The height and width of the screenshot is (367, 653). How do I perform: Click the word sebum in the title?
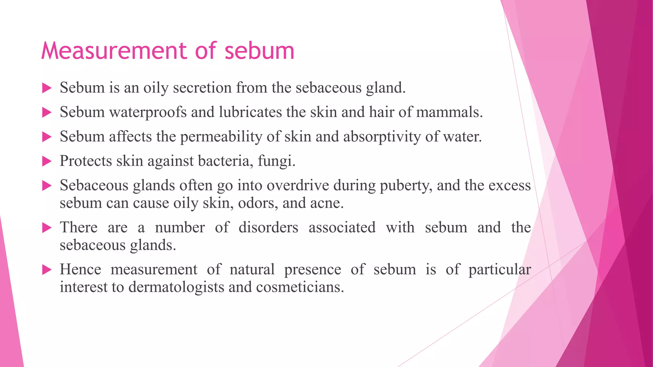click(x=259, y=51)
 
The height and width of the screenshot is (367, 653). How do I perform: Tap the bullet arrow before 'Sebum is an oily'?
click(x=47, y=88)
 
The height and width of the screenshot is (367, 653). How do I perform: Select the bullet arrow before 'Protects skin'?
click(x=47, y=161)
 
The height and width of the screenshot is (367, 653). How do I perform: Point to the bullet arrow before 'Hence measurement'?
click(x=47, y=270)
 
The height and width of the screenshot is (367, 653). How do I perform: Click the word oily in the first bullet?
click(x=156, y=88)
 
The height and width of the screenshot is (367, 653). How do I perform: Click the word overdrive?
click(x=297, y=185)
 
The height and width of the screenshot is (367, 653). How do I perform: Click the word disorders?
click(x=268, y=227)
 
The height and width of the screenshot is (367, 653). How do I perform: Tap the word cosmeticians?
click(x=300, y=287)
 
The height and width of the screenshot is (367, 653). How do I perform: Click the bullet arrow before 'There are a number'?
click(x=47, y=228)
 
